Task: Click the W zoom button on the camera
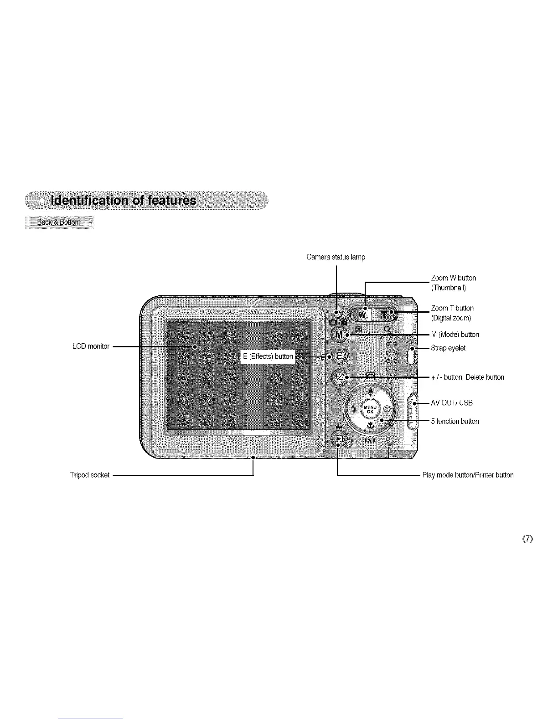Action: click(x=363, y=315)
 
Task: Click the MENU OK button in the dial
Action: click(x=370, y=409)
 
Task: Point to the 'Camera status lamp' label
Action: click(x=336, y=257)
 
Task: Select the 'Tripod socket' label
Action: click(x=90, y=475)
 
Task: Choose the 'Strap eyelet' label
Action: click(x=448, y=348)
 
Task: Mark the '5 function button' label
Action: click(x=455, y=421)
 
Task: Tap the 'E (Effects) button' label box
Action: click(x=268, y=356)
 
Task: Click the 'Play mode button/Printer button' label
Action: click(x=468, y=475)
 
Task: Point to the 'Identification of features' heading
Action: click(x=124, y=201)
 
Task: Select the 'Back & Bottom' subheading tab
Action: click(x=58, y=222)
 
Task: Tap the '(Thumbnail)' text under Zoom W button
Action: click(x=449, y=288)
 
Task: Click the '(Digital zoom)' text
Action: click(x=451, y=318)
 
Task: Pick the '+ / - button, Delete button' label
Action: click(x=467, y=377)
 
